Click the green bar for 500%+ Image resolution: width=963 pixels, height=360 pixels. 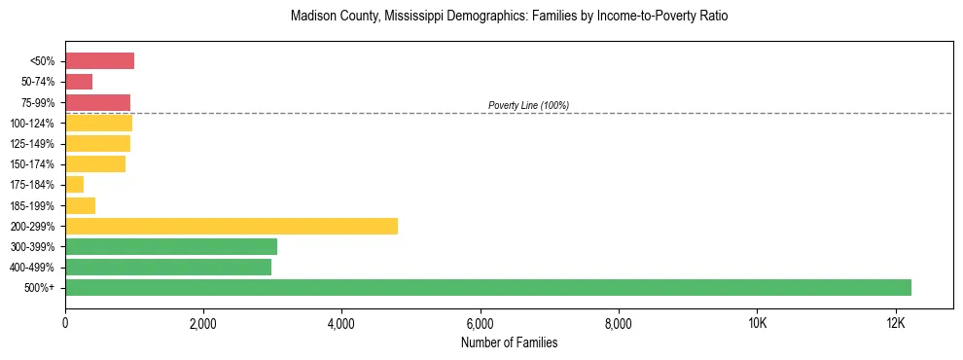click(488, 288)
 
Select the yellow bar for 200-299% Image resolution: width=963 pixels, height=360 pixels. click(232, 226)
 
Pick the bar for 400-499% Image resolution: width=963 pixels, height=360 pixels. click(168, 267)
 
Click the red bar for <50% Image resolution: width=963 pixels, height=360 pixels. click(99, 61)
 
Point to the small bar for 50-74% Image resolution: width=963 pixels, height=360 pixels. click(79, 82)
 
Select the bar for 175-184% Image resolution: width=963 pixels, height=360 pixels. click(75, 185)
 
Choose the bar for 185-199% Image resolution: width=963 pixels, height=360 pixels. click(81, 205)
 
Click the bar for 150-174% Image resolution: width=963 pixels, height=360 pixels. click(95, 164)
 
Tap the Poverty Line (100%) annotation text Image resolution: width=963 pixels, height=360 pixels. click(528, 105)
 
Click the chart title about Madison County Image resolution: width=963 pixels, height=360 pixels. click(509, 17)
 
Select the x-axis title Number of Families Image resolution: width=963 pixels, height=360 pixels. click(509, 342)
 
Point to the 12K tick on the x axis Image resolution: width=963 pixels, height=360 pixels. click(896, 323)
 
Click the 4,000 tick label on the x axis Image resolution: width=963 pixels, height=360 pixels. click(341, 323)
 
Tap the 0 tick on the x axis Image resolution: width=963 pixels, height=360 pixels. click(65, 323)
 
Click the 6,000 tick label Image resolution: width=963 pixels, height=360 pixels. click(481, 323)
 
